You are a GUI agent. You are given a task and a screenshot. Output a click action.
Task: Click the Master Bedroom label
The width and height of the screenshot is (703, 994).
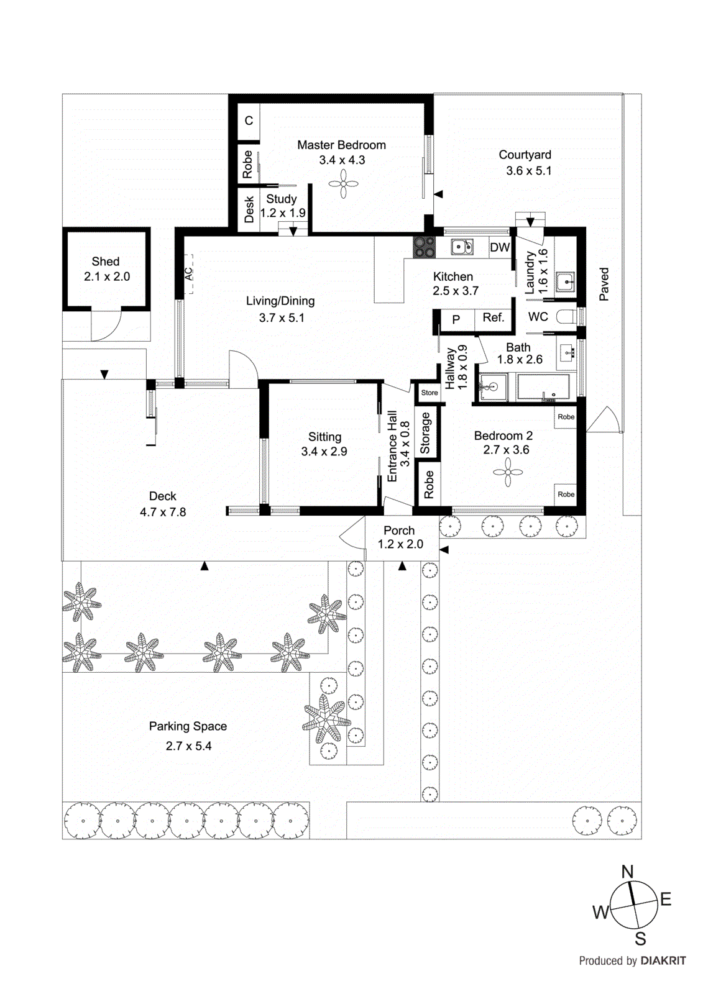[x=341, y=145]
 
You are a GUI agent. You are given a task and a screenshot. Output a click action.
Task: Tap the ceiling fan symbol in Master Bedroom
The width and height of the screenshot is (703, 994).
[x=343, y=184]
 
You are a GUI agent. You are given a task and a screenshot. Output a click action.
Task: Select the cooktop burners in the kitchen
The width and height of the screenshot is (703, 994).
[x=425, y=247]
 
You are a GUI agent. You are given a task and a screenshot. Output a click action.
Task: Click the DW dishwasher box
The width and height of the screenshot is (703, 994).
[x=500, y=247]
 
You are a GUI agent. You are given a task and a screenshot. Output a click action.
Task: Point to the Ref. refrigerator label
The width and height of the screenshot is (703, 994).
[x=493, y=317]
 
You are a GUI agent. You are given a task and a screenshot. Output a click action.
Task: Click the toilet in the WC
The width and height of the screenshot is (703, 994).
[x=566, y=317]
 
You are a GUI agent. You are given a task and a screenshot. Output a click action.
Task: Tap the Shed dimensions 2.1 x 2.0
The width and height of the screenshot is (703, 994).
[x=107, y=276]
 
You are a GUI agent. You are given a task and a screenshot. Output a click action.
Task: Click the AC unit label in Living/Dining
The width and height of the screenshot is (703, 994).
[x=188, y=273]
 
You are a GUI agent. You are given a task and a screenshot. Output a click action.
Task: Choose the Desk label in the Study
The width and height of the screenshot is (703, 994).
[x=249, y=209]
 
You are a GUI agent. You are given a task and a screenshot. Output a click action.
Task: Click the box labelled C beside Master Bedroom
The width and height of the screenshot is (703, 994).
[x=249, y=121]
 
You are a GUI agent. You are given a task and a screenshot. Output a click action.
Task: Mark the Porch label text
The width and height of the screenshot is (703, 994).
[x=399, y=531]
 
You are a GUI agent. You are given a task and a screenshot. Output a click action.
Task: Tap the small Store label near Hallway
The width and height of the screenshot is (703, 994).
[x=430, y=393]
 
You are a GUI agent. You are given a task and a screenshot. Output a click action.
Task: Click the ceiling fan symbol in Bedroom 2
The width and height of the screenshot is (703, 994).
[x=508, y=473]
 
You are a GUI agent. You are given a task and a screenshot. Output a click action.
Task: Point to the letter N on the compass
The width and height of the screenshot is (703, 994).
[x=628, y=872]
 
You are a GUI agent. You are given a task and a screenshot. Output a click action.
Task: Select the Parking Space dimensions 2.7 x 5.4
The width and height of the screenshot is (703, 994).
[x=188, y=746]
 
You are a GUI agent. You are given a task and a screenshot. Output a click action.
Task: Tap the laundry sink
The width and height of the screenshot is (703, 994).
[x=565, y=281]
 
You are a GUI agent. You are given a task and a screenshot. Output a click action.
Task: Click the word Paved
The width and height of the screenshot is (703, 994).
[x=604, y=285]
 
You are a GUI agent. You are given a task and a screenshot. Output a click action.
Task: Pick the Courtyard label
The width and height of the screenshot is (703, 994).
[x=525, y=155]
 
